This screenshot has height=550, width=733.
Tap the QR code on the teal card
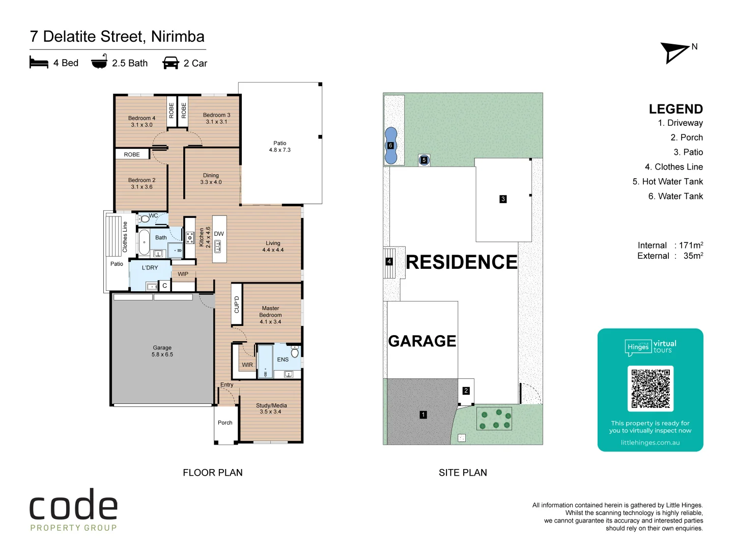[x=650, y=389]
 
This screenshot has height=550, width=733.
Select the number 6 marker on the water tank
[x=390, y=145]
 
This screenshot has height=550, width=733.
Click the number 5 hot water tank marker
[x=424, y=160]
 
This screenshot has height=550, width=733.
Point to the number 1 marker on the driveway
[x=423, y=415]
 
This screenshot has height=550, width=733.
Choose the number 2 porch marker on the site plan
[x=466, y=391]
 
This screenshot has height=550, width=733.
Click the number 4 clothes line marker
[x=389, y=261]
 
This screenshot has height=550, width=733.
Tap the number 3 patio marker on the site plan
[x=503, y=199]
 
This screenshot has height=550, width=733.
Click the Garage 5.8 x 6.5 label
[x=162, y=351]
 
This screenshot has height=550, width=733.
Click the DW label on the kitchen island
[x=219, y=234]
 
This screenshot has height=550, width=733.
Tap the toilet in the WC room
[x=144, y=219]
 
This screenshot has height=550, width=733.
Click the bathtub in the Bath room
[x=144, y=242]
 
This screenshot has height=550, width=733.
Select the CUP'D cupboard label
[x=237, y=305]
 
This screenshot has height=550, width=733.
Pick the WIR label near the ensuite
[x=247, y=365]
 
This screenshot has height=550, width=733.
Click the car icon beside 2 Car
[x=171, y=63]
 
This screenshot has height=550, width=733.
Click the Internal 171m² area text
[x=670, y=245]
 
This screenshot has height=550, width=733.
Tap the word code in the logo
[x=73, y=504]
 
